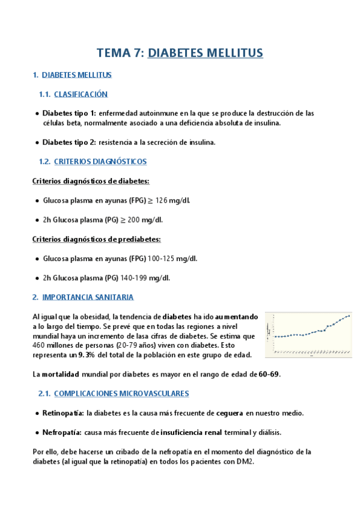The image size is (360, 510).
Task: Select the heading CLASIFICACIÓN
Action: (81, 94)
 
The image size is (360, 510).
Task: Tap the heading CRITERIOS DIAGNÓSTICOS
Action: (100, 162)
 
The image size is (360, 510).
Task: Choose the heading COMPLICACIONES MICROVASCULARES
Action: (121, 394)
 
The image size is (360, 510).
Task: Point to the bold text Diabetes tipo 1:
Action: (69, 113)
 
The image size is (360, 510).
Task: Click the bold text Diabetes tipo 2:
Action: (69, 143)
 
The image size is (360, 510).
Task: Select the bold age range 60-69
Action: (269, 374)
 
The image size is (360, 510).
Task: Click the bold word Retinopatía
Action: (63, 413)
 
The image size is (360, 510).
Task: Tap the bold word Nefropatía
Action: (62, 432)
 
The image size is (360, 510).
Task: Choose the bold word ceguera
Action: (226, 413)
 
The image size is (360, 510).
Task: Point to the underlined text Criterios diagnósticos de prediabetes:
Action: (96, 239)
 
